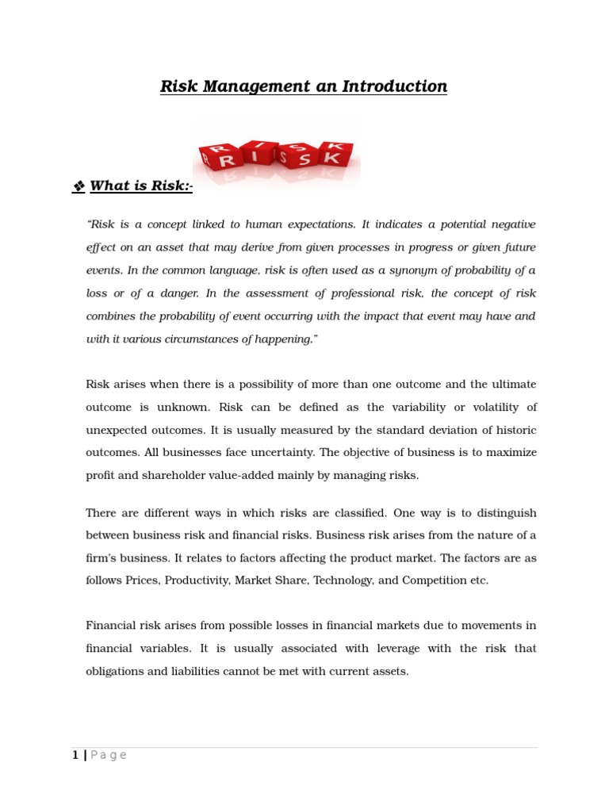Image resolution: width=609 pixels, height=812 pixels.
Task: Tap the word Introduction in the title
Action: coord(394,86)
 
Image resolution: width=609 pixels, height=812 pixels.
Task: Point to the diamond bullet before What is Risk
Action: coord(79,186)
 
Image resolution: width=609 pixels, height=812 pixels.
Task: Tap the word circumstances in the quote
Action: coord(219,339)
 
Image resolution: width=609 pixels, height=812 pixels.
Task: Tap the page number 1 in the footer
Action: coord(75,755)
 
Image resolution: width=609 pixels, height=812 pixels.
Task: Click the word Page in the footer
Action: coord(108,755)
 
